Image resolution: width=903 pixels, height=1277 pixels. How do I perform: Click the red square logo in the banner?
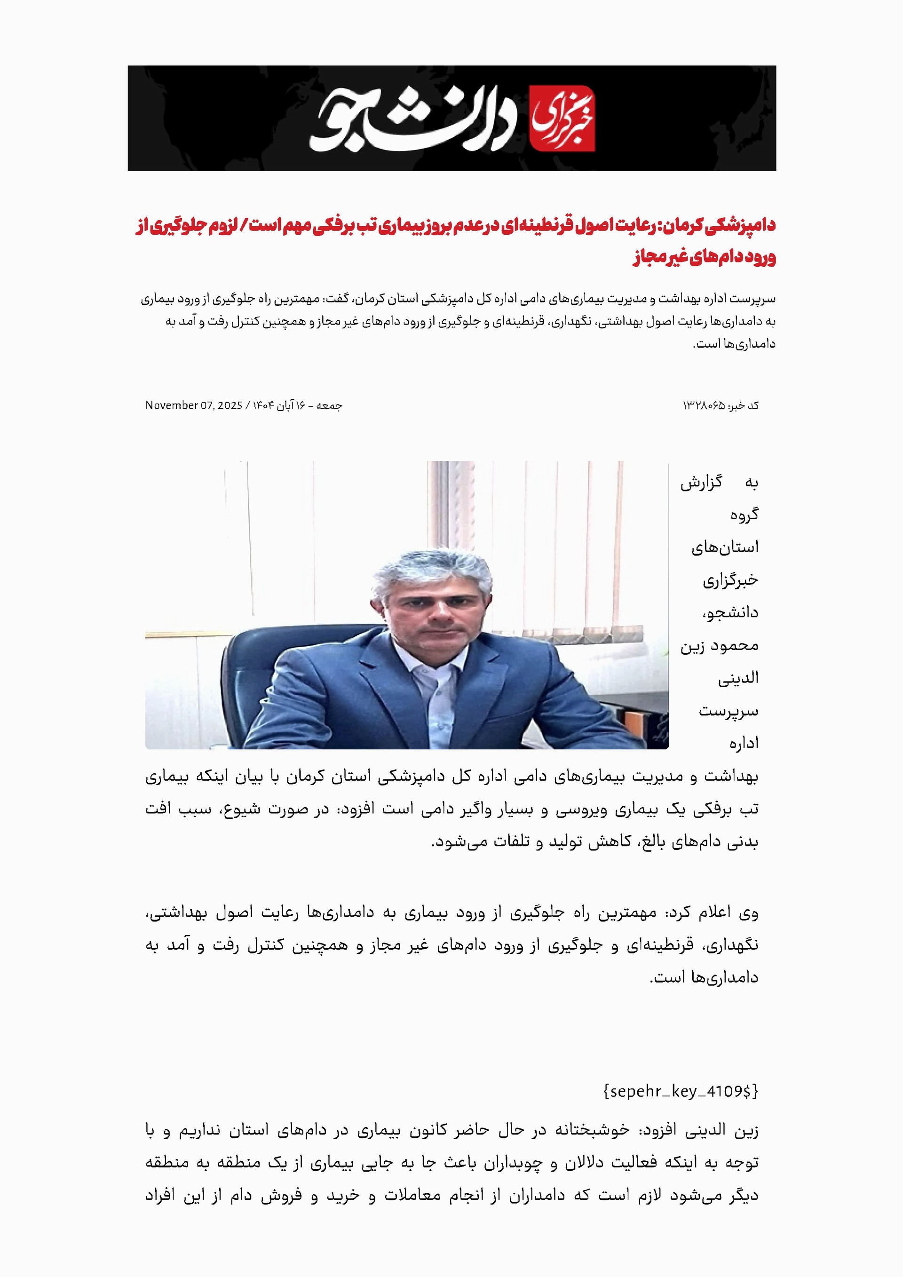click(x=562, y=118)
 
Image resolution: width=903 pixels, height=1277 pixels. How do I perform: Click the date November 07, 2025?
click(x=193, y=405)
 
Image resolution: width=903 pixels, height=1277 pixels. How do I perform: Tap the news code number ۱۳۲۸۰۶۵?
click(x=704, y=406)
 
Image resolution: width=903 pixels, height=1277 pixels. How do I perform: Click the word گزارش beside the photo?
click(x=701, y=483)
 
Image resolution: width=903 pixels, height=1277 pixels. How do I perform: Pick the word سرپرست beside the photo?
click(x=729, y=711)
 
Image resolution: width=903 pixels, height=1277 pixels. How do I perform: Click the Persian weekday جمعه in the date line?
click(x=329, y=405)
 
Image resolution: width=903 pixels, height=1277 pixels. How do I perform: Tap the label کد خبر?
click(x=745, y=406)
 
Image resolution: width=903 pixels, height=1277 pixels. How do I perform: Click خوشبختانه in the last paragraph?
click(x=592, y=1130)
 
